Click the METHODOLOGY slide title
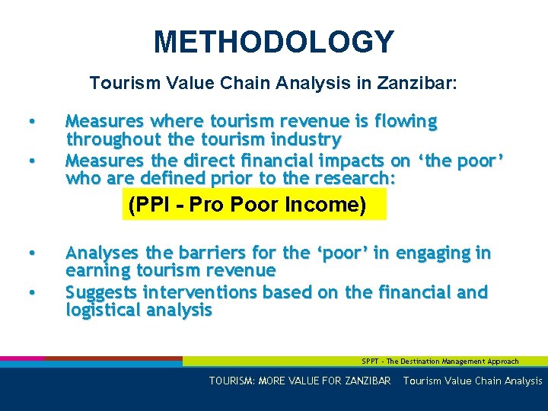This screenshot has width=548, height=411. (274, 42)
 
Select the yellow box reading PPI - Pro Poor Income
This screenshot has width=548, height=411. (254, 205)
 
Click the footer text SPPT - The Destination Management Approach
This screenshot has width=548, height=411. (440, 362)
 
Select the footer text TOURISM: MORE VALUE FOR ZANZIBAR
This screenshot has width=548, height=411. (300, 381)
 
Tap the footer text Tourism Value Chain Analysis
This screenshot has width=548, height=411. (473, 381)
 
